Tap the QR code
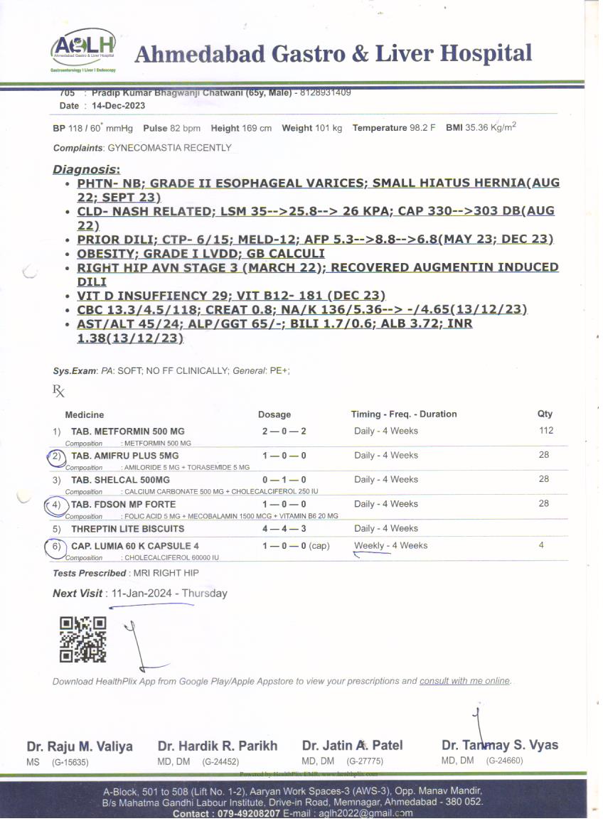pos(82,638)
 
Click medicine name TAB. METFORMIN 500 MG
pos(128,431)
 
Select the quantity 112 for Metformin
pos(545,431)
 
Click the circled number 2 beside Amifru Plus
pos(55,456)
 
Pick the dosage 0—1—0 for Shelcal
pos(284,480)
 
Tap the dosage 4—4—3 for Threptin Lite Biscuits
pos(284,529)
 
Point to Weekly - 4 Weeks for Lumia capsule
pos(391,546)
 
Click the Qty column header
pos(545,414)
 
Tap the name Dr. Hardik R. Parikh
pos(218,746)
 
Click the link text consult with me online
pos(464,681)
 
